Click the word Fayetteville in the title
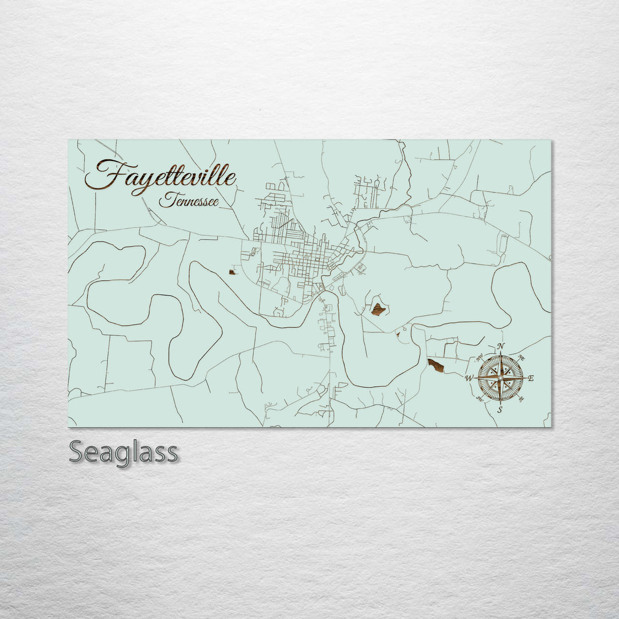coord(160,175)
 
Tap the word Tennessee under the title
coord(189,201)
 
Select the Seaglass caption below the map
coord(123,453)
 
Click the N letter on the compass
coord(501,346)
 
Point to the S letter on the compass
coord(500,410)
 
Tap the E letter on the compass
coord(531,378)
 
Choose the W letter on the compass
coord(468,378)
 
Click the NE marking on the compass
coord(521,358)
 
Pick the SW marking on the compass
coord(480,398)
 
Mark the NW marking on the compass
coord(480,358)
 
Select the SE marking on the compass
coord(521,398)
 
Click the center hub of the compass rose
coord(500,378)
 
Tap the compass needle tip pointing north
coord(501,353)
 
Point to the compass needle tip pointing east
coord(524,378)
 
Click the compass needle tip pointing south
coord(500,403)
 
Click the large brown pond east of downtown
coord(378,309)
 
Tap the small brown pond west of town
coord(232,272)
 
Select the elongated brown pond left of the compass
coord(436,365)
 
